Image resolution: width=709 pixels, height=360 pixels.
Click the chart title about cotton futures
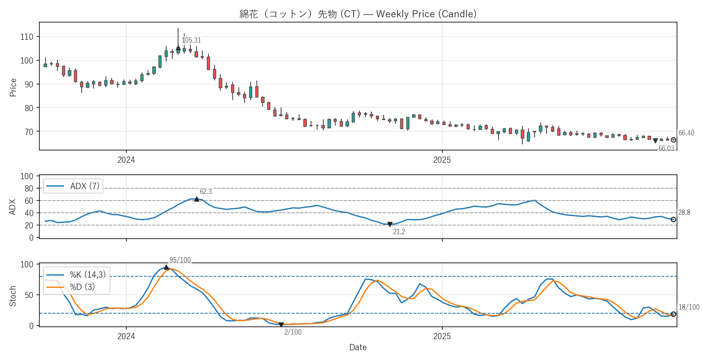[358, 14]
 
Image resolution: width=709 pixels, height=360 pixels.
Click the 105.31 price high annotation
[191, 40]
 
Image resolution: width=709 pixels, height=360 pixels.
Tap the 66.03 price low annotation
[666, 148]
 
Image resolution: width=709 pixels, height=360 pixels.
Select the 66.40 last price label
[686, 133]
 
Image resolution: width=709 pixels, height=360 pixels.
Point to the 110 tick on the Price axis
[27, 37]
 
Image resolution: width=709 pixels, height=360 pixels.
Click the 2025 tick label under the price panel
[442, 160]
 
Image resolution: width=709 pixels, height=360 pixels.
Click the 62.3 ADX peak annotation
[206, 191]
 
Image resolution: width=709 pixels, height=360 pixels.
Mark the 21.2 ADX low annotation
[399, 232]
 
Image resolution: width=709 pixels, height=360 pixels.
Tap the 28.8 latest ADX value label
[684, 212]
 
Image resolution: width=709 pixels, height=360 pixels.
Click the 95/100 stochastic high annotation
[180, 260]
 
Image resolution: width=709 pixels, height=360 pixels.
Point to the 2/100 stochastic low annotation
[293, 332]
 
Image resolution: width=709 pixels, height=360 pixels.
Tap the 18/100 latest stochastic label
[688, 307]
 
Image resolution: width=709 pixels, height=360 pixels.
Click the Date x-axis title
[358, 347]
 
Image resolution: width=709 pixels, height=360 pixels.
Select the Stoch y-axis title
[13, 296]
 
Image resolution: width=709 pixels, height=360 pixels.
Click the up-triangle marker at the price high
[178, 48]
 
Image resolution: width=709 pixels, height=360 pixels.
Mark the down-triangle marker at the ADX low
[390, 225]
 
